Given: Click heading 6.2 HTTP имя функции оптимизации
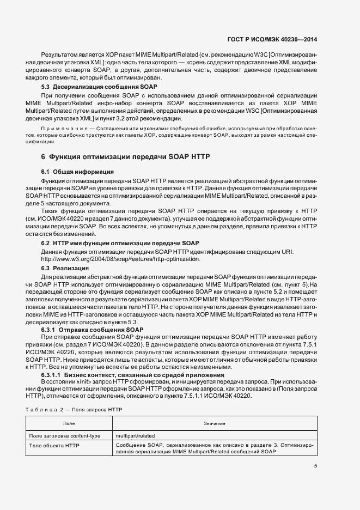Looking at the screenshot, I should (x=120, y=242).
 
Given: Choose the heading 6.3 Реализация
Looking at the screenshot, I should (x=65, y=269).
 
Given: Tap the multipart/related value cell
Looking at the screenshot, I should (x=136, y=436).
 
